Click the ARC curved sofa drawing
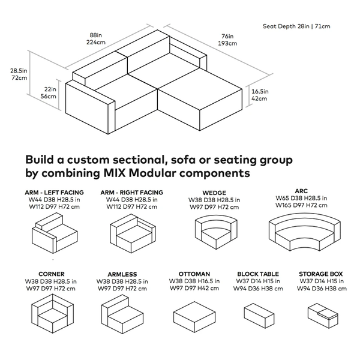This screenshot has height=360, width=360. (x=302, y=232)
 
